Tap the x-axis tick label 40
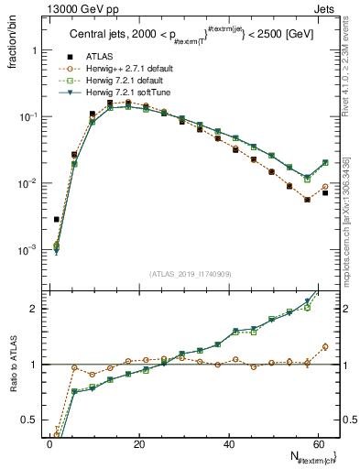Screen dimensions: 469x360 [227, 443]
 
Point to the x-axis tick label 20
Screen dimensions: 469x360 [138, 443]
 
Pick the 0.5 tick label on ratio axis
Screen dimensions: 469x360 [30, 420]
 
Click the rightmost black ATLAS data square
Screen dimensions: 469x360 [325, 193]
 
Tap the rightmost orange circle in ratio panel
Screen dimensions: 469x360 [325, 347]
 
